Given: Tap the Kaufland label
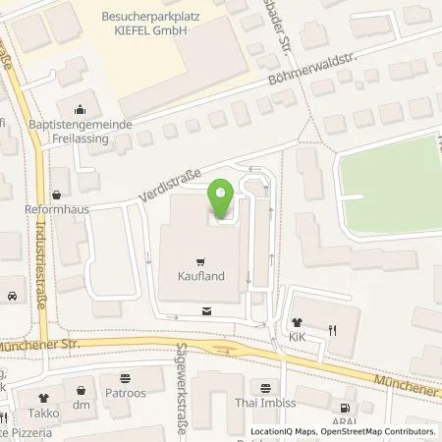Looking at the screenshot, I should point(201,277).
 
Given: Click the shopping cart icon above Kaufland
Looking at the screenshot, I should point(201,261).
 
